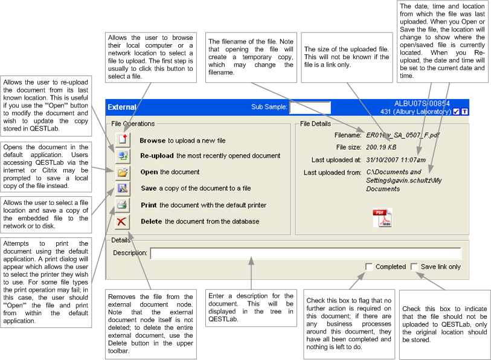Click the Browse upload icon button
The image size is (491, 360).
122,140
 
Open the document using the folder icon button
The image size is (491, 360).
122,172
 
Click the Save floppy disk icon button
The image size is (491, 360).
122,188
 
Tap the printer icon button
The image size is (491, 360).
122,205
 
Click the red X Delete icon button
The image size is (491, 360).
122,221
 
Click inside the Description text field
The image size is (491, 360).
305,253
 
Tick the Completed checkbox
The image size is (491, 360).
369,266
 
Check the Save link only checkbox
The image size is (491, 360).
414,266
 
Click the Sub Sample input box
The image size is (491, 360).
310,108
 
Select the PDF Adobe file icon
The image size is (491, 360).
382,217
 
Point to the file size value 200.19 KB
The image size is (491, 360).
382,147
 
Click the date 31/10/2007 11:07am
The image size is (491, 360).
396,160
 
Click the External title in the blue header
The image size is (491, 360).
122,108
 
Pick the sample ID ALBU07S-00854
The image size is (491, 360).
422,104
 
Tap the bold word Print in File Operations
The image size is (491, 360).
149,205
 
